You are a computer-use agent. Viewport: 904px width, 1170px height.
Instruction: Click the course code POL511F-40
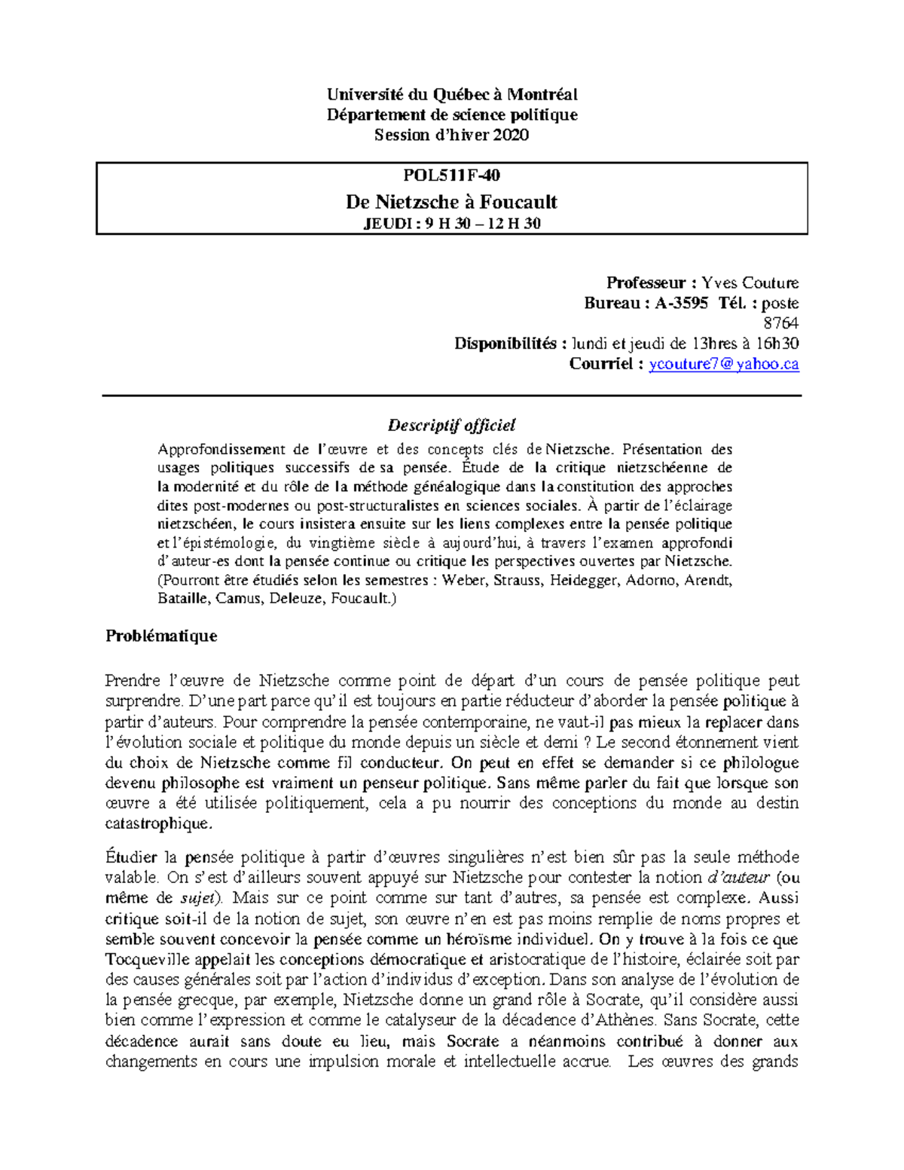tap(451, 176)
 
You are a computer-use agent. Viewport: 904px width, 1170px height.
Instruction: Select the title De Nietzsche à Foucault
tap(451, 201)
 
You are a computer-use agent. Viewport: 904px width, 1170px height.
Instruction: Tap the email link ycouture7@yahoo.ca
tap(723, 364)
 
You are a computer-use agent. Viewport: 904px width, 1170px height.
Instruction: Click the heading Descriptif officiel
tap(451, 425)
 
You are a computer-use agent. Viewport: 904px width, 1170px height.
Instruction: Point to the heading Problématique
tap(161, 635)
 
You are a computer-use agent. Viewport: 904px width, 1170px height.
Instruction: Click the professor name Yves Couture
tap(750, 283)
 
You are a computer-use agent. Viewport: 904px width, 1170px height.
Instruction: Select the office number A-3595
tap(681, 303)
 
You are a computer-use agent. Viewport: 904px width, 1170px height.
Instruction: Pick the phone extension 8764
tap(781, 323)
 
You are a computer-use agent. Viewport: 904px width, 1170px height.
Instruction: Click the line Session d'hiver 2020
tap(451, 135)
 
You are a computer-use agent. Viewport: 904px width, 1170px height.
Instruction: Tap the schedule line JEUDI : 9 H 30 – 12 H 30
tap(451, 223)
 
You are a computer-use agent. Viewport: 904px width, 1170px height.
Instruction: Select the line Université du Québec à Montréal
tap(451, 94)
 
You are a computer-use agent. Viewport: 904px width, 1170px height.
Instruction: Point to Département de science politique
tap(451, 115)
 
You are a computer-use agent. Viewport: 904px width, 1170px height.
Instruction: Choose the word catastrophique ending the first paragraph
tap(159, 823)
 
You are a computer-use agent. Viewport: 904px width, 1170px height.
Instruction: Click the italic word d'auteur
tap(739, 878)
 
